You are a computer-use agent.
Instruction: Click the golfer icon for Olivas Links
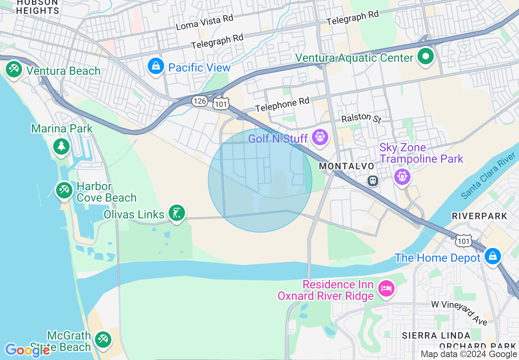click(x=176, y=213)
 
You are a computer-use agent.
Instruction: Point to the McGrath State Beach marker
click(x=102, y=339)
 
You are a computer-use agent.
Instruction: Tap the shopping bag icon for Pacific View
click(x=156, y=66)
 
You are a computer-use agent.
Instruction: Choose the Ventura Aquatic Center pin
click(x=426, y=56)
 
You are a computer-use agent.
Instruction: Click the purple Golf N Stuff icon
click(x=320, y=137)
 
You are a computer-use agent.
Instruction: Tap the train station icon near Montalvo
click(x=373, y=180)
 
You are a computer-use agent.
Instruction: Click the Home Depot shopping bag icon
click(x=492, y=256)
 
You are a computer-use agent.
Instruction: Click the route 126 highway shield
click(x=199, y=101)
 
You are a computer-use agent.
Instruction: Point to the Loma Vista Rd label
click(x=204, y=23)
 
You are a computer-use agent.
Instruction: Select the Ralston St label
click(x=361, y=118)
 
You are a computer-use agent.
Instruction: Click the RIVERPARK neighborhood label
click(x=479, y=216)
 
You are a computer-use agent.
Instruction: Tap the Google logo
click(x=27, y=350)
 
